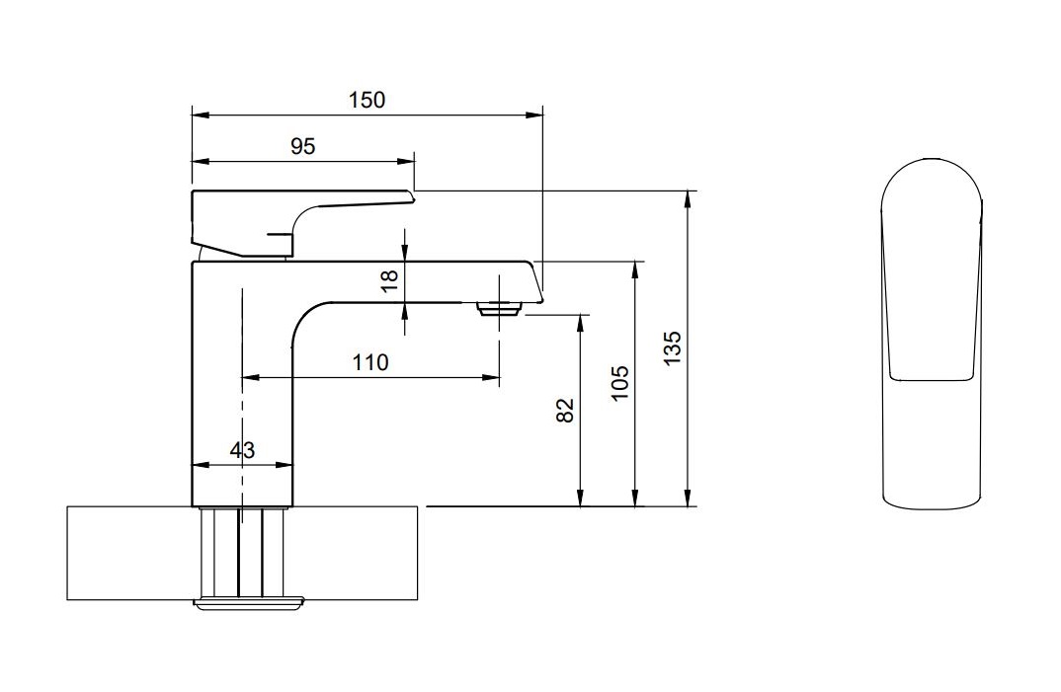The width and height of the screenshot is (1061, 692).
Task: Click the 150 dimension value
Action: coord(367,100)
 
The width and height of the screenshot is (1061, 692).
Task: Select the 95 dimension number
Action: coord(302,146)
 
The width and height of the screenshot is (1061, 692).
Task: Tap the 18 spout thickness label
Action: coord(390,279)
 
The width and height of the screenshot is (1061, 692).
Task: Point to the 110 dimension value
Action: coord(370,362)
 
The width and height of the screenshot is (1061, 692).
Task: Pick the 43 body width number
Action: coord(242,450)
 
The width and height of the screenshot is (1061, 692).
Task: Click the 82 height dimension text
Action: coord(566,411)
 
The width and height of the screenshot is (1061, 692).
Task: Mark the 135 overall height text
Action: coord(673,348)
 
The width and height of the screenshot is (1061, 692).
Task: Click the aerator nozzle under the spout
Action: coord(499,309)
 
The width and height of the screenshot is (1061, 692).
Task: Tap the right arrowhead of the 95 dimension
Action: coord(408,162)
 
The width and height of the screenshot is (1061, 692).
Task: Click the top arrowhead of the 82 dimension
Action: coord(581,322)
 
